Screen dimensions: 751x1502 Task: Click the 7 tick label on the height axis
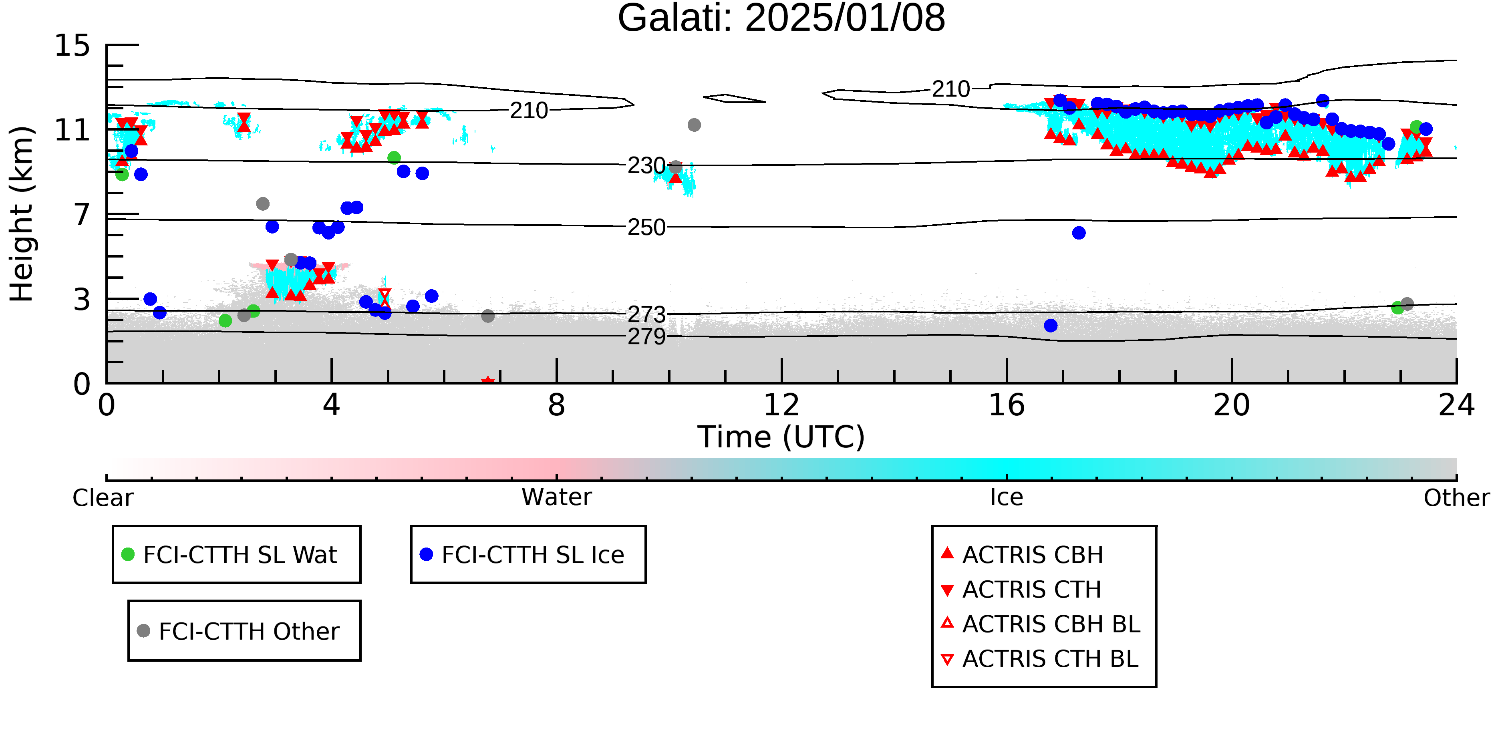(x=82, y=215)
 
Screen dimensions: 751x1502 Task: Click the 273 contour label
(x=646, y=315)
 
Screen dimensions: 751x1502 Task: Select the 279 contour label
(x=646, y=336)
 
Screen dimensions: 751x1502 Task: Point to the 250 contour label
(x=646, y=228)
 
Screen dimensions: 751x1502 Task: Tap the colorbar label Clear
(x=103, y=498)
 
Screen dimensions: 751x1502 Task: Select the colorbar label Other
(x=1456, y=498)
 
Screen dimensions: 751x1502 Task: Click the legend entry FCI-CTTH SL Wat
(x=240, y=554)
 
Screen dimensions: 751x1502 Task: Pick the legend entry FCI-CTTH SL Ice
(x=532, y=554)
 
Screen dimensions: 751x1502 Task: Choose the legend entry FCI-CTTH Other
(x=248, y=631)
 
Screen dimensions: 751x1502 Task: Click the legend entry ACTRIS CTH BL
(x=1049, y=659)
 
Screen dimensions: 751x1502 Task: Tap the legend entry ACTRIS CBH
(x=1032, y=554)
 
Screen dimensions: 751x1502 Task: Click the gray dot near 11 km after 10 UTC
(x=694, y=125)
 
